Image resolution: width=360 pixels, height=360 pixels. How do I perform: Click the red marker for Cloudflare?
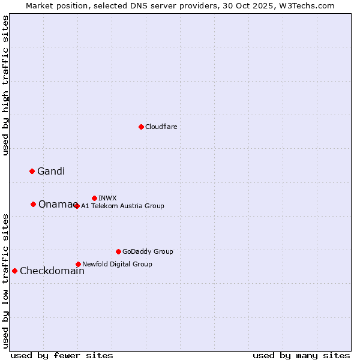coord(141,127)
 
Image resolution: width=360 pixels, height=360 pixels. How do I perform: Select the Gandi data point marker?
coord(32,171)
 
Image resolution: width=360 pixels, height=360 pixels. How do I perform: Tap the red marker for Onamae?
coord(34,204)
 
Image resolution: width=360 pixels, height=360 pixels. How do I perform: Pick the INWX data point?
coord(94,198)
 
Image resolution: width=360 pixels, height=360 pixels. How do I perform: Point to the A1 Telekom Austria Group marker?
coord(77,206)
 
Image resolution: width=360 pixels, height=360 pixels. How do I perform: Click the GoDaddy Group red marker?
coord(118,251)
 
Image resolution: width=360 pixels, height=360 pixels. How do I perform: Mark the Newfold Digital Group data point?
coord(78,264)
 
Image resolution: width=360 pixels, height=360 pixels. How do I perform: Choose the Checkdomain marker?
coord(15,271)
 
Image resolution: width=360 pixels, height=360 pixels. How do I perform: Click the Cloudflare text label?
coord(161,127)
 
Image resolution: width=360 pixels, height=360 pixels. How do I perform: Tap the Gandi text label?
coord(51,172)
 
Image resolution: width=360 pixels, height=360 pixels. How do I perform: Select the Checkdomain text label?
coord(52,271)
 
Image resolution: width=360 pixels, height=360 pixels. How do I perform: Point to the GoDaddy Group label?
coord(148,252)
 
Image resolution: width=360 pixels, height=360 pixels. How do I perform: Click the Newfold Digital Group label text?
coord(117,264)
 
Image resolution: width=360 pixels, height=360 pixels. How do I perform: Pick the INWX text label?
coord(107,198)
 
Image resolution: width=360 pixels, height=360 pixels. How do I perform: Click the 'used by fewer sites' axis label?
coord(62,355)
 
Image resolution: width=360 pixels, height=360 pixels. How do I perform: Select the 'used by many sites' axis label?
coord(301,355)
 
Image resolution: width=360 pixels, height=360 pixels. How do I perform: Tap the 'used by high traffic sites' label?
coord(6,85)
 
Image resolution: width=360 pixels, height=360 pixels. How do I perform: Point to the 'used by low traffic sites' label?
coord(6,280)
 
